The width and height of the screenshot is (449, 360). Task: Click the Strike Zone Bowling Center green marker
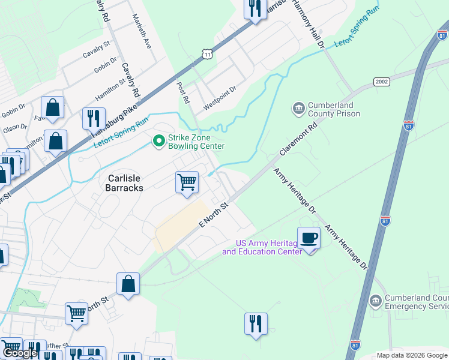[x=159, y=141]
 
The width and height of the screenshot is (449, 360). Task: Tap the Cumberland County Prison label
[x=334, y=109]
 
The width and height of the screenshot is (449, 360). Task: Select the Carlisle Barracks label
[x=125, y=183]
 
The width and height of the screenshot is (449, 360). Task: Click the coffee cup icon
[x=309, y=238]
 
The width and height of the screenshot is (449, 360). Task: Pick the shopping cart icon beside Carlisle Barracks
[x=187, y=182]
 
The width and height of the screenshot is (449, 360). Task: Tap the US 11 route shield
[x=207, y=54]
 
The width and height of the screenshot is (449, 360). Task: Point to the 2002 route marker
[x=382, y=82]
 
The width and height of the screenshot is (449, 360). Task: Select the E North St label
[x=215, y=215]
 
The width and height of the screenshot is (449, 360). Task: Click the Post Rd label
[x=183, y=92]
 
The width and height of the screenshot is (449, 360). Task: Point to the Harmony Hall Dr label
[x=308, y=24]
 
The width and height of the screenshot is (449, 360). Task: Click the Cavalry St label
[x=97, y=49]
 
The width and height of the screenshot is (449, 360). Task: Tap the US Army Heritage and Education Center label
[x=261, y=247]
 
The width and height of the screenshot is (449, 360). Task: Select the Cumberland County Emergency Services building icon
[x=375, y=300]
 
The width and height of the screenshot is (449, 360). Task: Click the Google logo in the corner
[x=20, y=353]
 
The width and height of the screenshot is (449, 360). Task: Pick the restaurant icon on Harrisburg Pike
[x=93, y=118]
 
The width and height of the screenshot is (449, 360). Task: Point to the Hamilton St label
[x=110, y=90]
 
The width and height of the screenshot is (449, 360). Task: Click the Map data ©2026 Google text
[x=411, y=355]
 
